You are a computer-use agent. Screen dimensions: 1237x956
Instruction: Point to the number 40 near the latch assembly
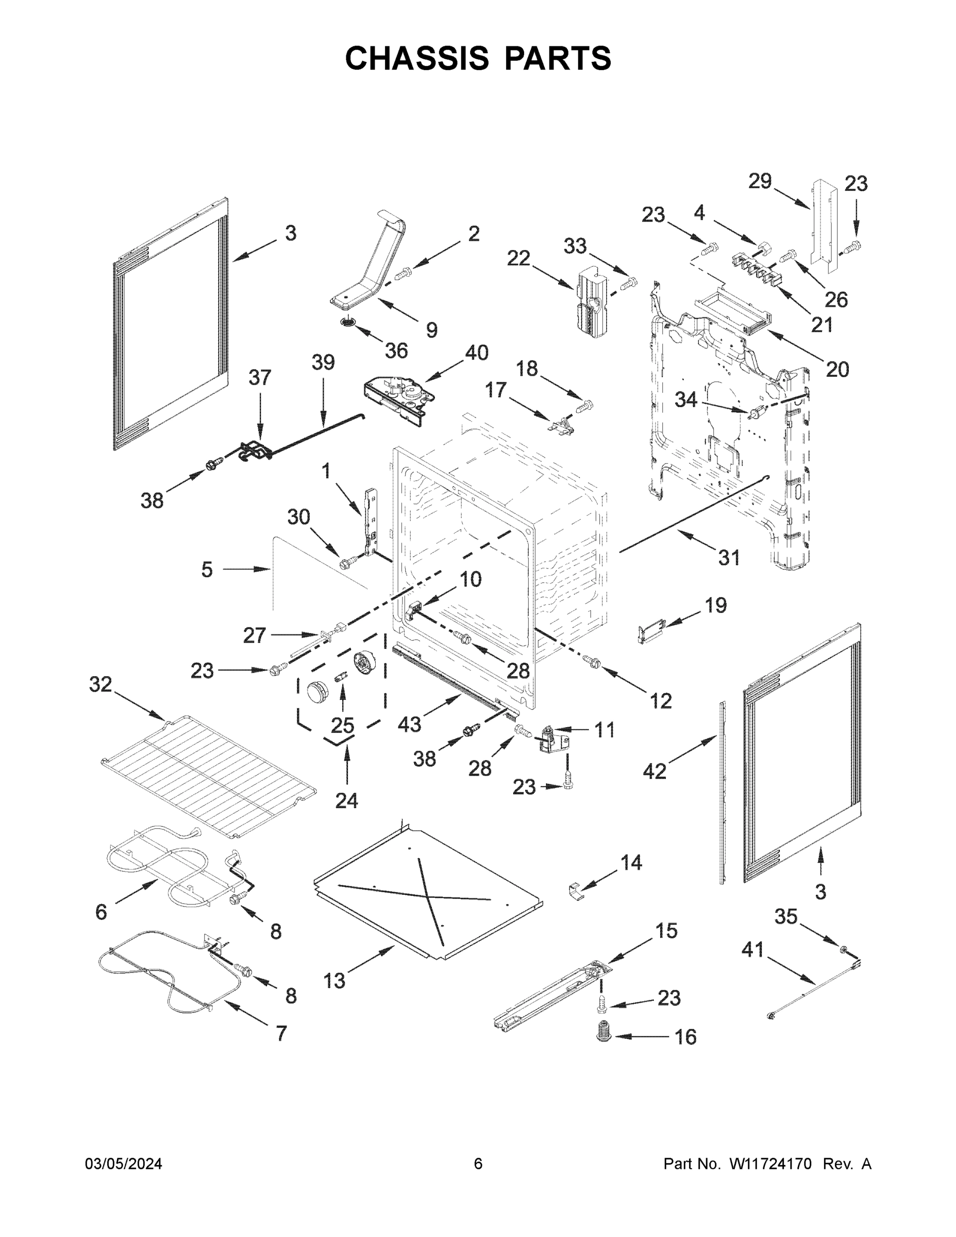click(476, 353)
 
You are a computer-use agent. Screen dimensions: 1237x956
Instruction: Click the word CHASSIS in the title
click(417, 58)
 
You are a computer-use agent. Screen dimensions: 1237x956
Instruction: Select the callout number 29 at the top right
click(760, 181)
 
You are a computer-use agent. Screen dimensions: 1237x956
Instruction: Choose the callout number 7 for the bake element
click(281, 1033)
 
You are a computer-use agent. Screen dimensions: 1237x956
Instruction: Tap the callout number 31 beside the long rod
click(729, 558)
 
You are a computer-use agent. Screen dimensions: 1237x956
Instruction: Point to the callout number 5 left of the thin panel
click(207, 569)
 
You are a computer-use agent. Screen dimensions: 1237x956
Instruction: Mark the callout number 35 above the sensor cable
click(785, 916)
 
